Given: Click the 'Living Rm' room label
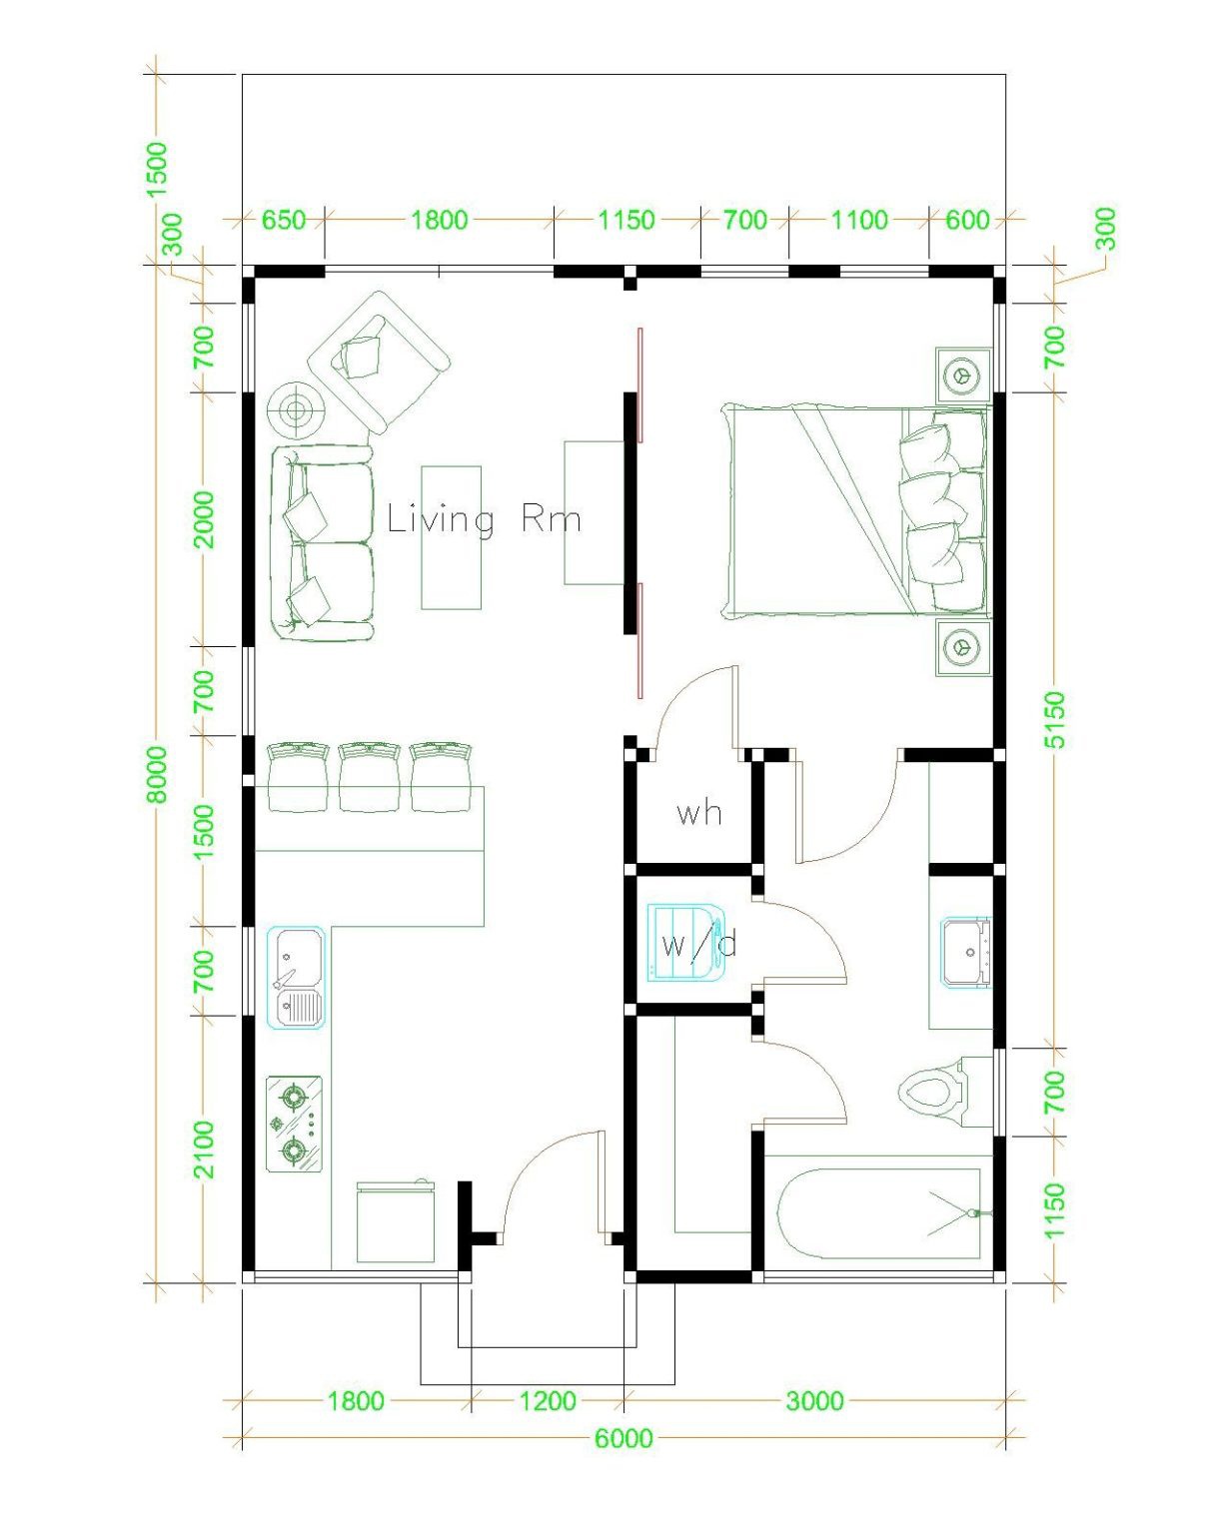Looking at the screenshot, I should tap(484, 519).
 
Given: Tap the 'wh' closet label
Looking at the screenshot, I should tap(698, 813).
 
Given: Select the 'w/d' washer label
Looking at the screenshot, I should tap(698, 944).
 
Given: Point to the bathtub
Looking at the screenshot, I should tap(878, 1213).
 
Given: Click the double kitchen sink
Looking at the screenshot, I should tap(298, 978).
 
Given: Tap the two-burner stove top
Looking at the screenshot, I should tap(294, 1124).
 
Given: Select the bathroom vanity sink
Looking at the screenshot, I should tap(965, 953).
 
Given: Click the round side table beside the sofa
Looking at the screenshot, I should tap(295, 408).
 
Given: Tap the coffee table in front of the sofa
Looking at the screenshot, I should tap(451, 537).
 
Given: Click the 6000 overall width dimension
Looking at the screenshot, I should tap(623, 1438).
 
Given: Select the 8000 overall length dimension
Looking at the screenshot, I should tap(158, 773).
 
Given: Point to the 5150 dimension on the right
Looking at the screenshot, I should tap(1055, 719).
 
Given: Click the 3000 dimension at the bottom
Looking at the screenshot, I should tap(814, 1401).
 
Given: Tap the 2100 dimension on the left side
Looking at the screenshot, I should tap(204, 1149).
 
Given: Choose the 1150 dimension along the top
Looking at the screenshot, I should tap(626, 220).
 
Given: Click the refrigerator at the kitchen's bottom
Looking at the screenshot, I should tap(396, 1223).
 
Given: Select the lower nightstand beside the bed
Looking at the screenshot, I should tap(963, 647).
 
